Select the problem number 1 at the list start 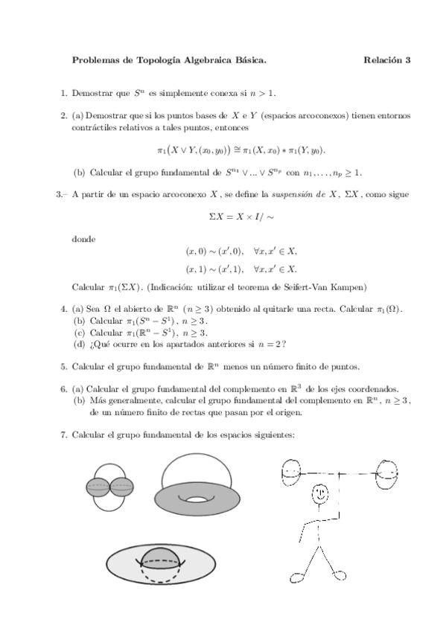(x=63, y=93)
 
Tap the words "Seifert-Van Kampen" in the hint (x=325, y=286)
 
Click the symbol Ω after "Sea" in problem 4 (x=109, y=307)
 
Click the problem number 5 (x=63, y=365)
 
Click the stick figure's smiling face (x=320, y=493)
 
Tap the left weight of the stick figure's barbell (x=290, y=471)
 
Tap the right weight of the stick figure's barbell (x=388, y=472)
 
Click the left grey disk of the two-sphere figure (x=99, y=487)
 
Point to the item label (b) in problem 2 (x=79, y=173)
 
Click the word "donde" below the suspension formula (x=83, y=240)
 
